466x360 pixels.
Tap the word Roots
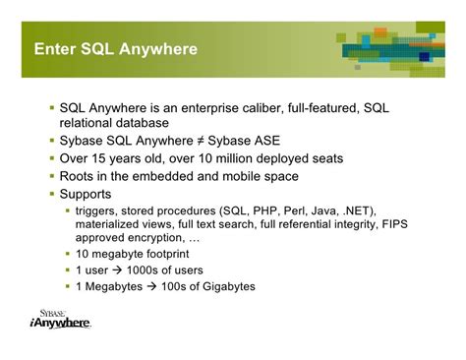point(80,176)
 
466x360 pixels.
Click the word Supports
point(87,194)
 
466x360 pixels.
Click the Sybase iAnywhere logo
point(60,319)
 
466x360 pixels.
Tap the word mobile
point(241,176)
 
